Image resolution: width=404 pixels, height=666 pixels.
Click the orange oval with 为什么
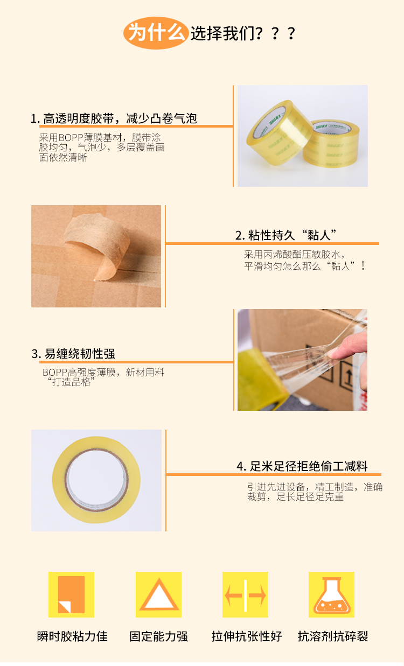click(156, 33)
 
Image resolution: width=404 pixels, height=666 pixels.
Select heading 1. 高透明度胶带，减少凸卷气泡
click(114, 118)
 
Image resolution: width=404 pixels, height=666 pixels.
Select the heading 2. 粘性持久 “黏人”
click(285, 235)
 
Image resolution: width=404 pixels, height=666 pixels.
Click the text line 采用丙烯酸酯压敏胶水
click(295, 254)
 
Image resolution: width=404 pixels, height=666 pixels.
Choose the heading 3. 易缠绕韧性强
click(73, 354)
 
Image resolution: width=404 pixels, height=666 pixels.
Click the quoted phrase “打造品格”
click(72, 382)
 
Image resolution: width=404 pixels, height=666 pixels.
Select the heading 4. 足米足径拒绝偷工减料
click(302, 466)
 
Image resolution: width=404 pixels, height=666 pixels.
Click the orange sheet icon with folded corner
click(71, 595)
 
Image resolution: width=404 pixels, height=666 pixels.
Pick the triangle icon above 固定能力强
click(159, 595)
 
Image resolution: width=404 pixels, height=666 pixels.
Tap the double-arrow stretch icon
click(245, 595)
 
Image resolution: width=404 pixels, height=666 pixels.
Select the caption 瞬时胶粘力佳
click(72, 636)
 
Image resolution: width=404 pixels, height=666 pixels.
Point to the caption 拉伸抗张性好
click(247, 636)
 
